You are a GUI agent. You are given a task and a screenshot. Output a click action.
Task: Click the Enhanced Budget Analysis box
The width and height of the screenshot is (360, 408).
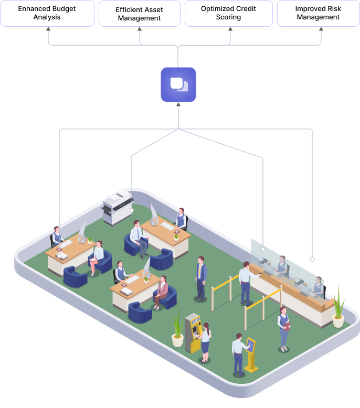(x=47, y=13)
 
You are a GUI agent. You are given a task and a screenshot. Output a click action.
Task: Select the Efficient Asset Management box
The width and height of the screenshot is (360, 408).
(x=139, y=14)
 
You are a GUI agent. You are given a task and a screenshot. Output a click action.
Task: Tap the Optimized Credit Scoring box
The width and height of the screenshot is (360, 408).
(x=228, y=13)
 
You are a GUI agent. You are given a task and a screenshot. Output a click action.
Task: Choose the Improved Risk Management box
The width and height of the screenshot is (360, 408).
(x=318, y=13)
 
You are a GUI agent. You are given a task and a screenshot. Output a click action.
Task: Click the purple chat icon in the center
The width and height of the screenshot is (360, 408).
(x=178, y=84)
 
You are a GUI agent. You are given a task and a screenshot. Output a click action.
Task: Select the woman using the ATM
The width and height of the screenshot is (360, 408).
(x=205, y=341)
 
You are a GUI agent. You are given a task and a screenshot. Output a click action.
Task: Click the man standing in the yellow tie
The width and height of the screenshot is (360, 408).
(x=201, y=278)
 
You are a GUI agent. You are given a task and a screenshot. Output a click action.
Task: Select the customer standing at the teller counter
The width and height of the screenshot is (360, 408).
(x=245, y=283)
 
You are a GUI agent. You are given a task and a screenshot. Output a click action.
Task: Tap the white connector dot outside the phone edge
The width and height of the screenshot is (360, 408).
(x=312, y=260)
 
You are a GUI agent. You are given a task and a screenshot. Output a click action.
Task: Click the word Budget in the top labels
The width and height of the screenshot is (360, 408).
(x=63, y=9)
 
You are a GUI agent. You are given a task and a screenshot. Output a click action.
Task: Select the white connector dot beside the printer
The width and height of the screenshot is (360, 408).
(x=132, y=210)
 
